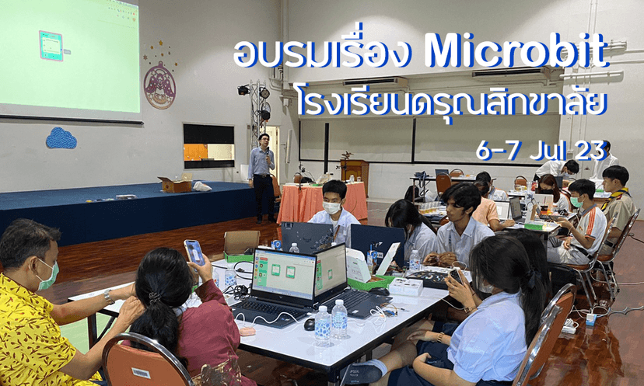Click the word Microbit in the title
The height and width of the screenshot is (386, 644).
517,52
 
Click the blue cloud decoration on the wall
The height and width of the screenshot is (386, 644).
61,138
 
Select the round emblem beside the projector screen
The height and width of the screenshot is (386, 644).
159,85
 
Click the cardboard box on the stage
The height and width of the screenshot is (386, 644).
176,184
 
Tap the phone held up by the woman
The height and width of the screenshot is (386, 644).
194,251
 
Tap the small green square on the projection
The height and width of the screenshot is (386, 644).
51,46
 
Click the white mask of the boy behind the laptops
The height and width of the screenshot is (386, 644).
332,207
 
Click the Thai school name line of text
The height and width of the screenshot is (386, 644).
451,102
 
